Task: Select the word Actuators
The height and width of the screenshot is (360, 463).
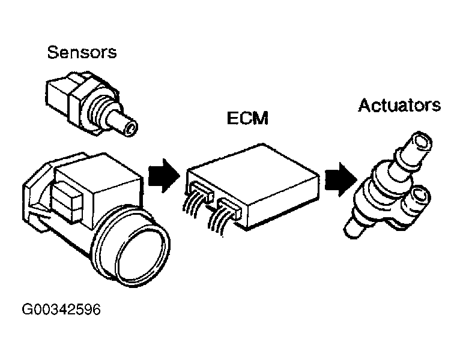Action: (399, 106)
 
